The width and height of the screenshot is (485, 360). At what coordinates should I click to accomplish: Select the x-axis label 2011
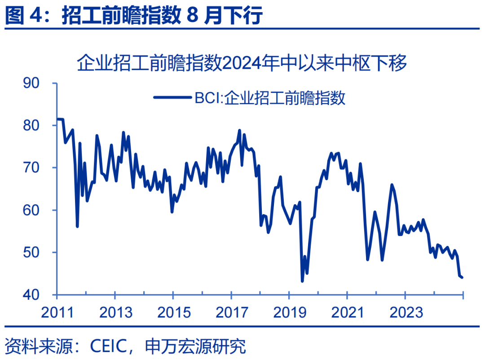click(x=57, y=312)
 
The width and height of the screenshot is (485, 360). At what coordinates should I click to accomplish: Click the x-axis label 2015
click(x=173, y=312)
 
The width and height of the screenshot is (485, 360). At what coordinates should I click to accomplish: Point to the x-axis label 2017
click(x=231, y=312)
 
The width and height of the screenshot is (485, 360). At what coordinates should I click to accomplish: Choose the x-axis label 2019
click(x=289, y=312)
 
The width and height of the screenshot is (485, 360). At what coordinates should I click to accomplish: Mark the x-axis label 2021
click(x=347, y=312)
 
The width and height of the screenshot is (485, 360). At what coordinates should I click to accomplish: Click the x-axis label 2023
click(x=405, y=312)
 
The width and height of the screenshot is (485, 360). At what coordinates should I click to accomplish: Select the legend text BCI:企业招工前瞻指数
click(x=270, y=97)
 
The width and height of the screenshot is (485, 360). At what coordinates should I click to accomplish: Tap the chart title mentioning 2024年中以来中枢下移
click(x=242, y=63)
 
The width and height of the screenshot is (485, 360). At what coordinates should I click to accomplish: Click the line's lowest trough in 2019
click(x=302, y=281)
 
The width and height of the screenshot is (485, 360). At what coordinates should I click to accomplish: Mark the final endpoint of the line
click(x=463, y=277)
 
